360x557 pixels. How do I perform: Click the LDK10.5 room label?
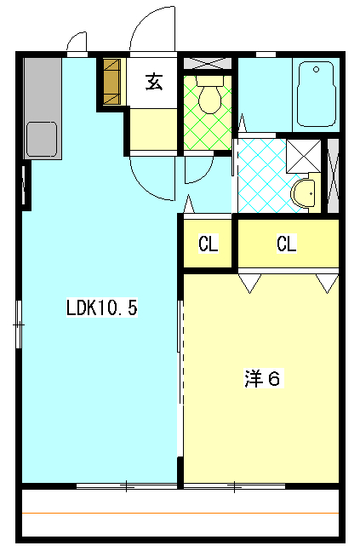tap(102, 307)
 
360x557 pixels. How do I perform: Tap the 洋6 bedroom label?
tap(263, 378)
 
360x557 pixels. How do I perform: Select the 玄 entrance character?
tap(154, 82)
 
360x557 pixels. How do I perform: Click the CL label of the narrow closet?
tap(208, 244)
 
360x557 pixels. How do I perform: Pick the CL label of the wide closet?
tap(287, 244)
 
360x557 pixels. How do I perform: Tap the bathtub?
tap(317, 94)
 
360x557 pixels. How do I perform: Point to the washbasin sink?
tap(303, 193)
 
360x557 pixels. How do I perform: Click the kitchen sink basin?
tap(42, 139)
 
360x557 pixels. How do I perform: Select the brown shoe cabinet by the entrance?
tap(112, 82)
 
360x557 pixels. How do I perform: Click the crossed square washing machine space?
tap(304, 157)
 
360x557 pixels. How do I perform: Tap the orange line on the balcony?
tap(180, 513)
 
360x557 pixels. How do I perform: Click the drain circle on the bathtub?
tap(316, 70)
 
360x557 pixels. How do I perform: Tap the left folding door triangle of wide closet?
tap(250, 283)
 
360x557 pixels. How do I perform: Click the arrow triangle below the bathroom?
tap(243, 123)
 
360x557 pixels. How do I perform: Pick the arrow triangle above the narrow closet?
tap(189, 204)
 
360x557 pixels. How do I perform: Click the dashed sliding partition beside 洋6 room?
tap(182, 355)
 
